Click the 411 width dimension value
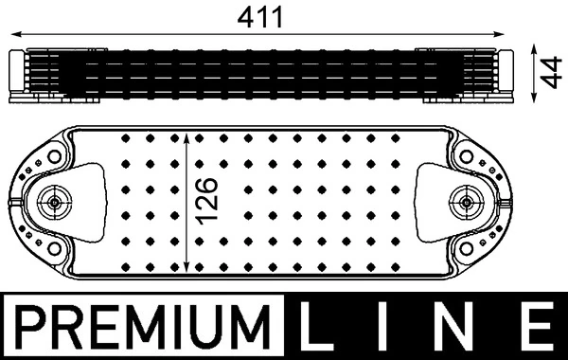pos(262,16)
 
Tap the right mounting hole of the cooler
pos(464,201)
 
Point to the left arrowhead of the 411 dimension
pos(16,35)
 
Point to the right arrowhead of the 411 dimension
pos(509,35)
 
